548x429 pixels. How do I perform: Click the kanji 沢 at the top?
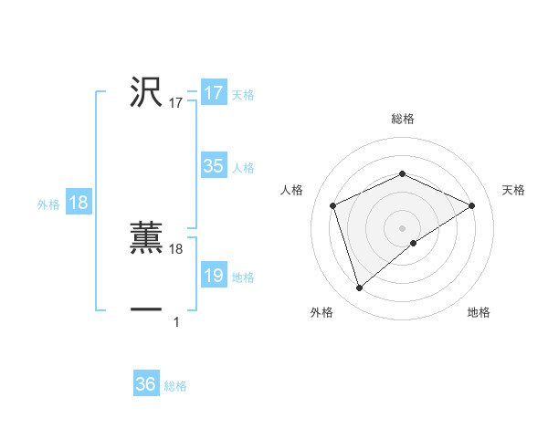tap(146, 92)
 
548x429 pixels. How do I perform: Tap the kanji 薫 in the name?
tap(146, 235)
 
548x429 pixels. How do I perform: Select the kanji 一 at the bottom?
tap(146, 310)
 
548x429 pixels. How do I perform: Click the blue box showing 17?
tap(213, 93)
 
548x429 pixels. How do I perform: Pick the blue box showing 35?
tap(213, 166)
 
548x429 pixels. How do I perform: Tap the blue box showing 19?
tap(213, 276)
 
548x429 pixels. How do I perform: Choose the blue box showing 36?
tap(145, 384)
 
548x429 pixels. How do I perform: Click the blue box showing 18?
tap(78, 203)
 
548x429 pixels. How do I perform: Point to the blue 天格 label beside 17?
tap(243, 94)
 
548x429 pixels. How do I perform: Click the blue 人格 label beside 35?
tap(243, 167)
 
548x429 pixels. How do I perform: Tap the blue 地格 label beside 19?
tap(243, 277)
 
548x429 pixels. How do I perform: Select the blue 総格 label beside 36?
tap(175, 385)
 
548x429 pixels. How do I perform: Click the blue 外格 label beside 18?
tap(48, 204)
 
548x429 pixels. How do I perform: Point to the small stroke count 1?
tap(176, 320)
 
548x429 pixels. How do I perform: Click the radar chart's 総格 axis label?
tap(402, 119)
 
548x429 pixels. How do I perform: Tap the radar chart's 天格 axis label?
tap(513, 190)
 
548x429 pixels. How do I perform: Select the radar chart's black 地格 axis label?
tap(479, 312)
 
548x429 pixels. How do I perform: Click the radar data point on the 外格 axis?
tap(359, 288)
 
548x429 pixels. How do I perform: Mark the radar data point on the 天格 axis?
tap(472, 205)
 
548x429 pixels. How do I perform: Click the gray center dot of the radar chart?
tap(402, 227)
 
